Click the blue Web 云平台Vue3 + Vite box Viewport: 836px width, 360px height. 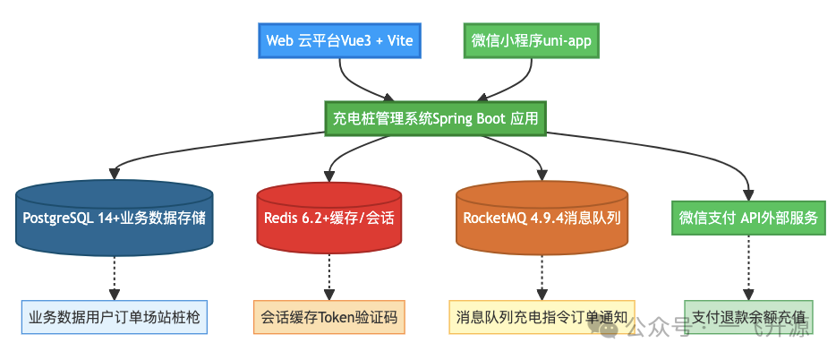coord(340,41)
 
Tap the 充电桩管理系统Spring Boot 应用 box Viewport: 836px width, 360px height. coord(434,118)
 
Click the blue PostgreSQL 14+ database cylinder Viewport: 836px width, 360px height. coord(114,218)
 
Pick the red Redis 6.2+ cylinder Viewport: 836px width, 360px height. coord(328,218)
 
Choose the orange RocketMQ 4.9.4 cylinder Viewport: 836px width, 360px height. coord(542,218)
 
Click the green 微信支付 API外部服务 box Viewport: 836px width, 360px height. coord(747,218)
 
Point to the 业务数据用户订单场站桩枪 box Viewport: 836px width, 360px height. coord(114,317)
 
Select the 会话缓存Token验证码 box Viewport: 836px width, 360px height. coord(328,317)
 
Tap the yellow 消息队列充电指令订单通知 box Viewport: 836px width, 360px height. coord(542,317)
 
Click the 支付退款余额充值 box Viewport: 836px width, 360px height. coord(748,317)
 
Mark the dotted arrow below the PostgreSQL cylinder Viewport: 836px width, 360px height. coord(114,276)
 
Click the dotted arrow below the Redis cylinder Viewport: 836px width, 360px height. coord(328,276)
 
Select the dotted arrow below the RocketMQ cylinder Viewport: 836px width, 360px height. coord(542,276)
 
